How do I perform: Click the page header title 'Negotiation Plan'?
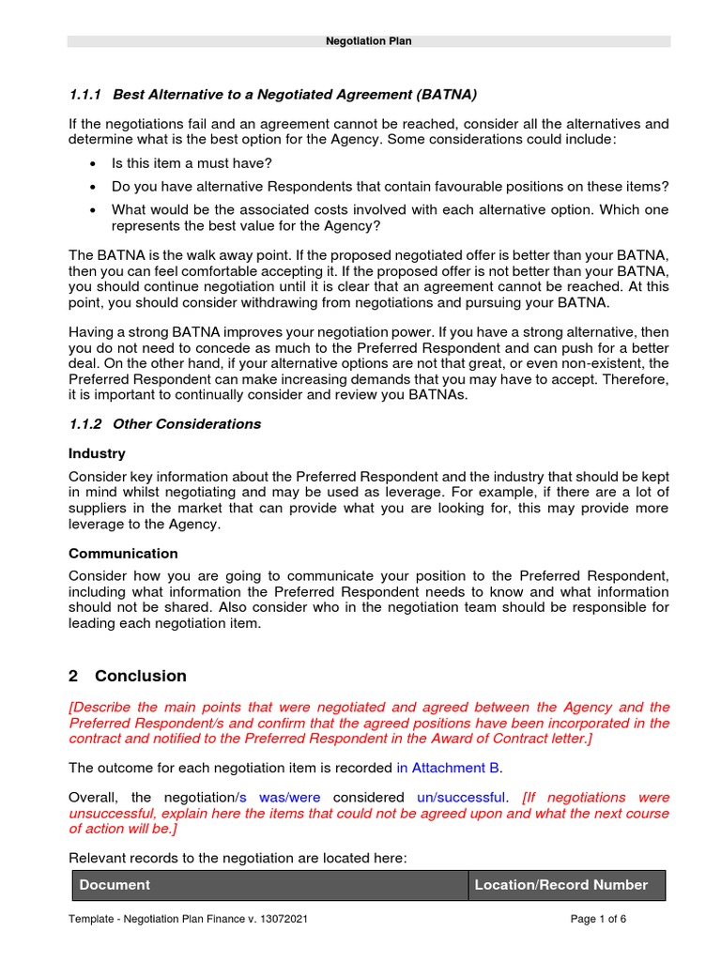pos(368,41)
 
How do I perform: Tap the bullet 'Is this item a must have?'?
pos(190,162)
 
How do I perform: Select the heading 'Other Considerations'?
pos(187,424)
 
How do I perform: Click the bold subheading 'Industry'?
pos(97,453)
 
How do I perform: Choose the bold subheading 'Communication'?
pos(123,554)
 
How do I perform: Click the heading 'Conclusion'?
pos(140,676)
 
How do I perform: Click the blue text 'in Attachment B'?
pos(448,768)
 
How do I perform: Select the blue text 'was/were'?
pos(289,797)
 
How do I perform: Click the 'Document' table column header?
pos(115,885)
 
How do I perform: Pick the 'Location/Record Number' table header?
pos(560,885)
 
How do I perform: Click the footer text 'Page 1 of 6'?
pos(598,919)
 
